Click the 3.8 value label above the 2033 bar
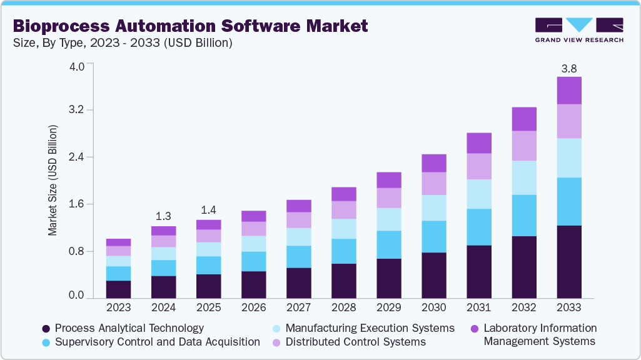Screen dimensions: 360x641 pos(568,69)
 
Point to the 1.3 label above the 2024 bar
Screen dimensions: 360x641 pos(163,217)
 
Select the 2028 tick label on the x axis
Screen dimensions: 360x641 pos(343,307)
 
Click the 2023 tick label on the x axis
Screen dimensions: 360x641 pos(118,307)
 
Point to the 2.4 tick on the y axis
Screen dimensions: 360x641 pos(76,157)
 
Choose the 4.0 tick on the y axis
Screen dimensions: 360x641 pos(76,67)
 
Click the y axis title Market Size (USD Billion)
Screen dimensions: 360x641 pos(53,181)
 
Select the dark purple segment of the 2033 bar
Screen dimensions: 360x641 pos(569,262)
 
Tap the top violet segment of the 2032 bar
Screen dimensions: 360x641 pos(524,119)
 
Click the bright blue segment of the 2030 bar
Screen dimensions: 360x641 pos(434,236)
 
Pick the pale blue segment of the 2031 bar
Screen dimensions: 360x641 pos(479,194)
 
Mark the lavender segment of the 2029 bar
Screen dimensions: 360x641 pos(389,197)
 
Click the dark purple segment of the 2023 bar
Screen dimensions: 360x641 pos(118,289)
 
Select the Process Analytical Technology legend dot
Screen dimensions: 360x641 pos(46,329)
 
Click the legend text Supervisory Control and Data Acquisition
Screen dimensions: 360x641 pos(157,342)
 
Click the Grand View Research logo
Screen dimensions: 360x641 pos(578,29)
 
